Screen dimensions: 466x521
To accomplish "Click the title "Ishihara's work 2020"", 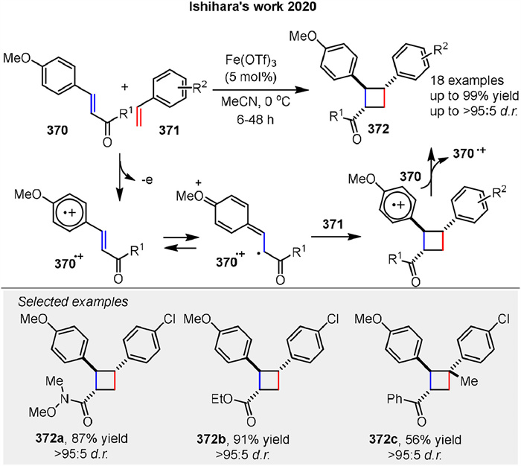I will tap(260, 10).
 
